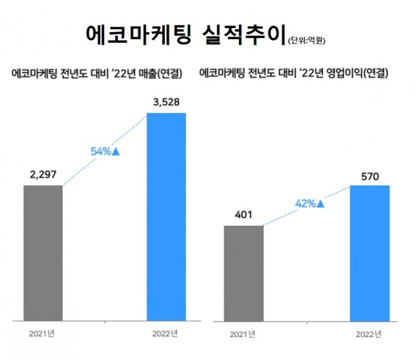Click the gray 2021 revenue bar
(x=43, y=253)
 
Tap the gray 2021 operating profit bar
(x=243, y=273)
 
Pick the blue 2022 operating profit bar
(x=369, y=253)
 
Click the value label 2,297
(x=43, y=175)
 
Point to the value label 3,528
(x=166, y=102)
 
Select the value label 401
(x=243, y=215)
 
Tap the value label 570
(x=369, y=175)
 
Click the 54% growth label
(x=101, y=151)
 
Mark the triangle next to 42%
(x=320, y=202)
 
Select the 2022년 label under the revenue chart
(x=165, y=333)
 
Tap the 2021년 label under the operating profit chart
(x=243, y=335)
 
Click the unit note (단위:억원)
(x=307, y=41)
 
